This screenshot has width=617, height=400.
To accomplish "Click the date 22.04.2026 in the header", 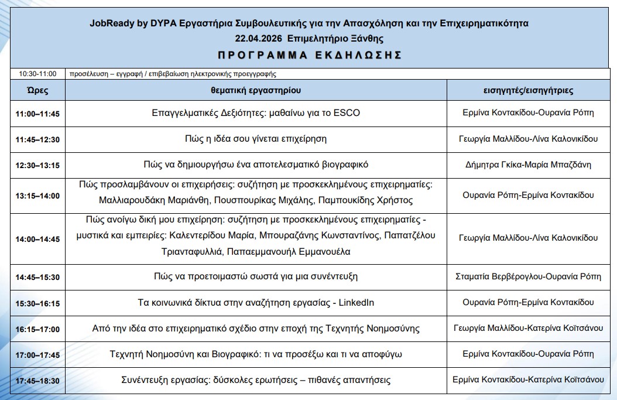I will (x=256, y=39).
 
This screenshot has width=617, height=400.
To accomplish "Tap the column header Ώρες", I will (x=37, y=90).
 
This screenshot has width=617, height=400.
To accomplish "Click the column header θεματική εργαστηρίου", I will (x=256, y=90).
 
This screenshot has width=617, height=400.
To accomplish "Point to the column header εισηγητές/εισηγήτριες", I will (x=528, y=90).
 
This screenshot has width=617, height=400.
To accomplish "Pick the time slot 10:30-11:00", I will (x=37, y=74).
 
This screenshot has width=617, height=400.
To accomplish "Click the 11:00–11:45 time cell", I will (x=37, y=114).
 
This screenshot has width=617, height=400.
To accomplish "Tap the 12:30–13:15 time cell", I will (x=37, y=165).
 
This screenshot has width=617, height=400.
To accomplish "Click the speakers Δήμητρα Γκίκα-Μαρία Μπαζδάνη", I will (x=528, y=165).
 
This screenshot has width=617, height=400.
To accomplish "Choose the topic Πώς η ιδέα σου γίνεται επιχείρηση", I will (x=256, y=139).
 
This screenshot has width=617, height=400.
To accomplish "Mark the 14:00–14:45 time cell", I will (x=37, y=239).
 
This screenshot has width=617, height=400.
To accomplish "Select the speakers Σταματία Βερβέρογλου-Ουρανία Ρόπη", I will (x=528, y=276).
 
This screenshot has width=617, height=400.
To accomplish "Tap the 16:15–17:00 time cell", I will (x=37, y=329).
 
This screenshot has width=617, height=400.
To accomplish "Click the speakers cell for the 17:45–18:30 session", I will (x=528, y=380).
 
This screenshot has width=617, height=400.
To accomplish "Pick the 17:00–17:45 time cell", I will (x=37, y=355).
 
